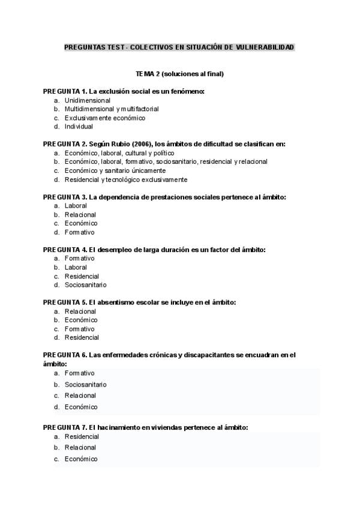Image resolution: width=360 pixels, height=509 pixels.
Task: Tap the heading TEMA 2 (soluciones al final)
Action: point(179,74)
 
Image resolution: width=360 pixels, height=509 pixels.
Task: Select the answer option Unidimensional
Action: point(87,100)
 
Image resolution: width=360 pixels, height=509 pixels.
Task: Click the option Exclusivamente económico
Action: point(104,118)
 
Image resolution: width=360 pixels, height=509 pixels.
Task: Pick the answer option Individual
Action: point(79,127)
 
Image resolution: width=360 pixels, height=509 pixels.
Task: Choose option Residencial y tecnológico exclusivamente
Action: point(125,179)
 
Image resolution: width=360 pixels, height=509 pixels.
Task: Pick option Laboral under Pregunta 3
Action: point(76,206)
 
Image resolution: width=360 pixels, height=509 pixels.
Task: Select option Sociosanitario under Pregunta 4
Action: point(85,285)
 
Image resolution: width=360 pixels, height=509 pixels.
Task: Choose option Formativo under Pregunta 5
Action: point(79,329)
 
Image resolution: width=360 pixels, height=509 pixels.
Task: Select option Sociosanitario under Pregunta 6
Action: point(85,384)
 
